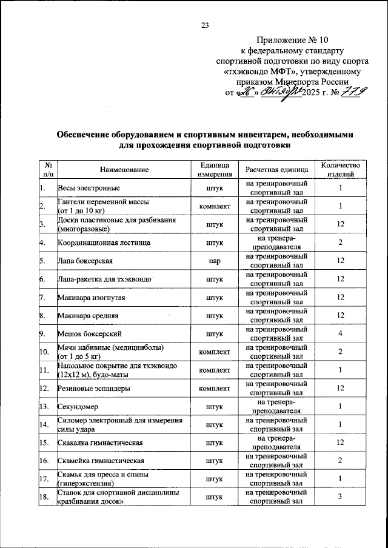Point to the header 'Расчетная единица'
(x=277, y=169)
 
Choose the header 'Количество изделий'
(x=341, y=169)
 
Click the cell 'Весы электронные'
(x=88, y=189)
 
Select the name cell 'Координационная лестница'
(x=104, y=243)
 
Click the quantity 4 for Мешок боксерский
(x=341, y=334)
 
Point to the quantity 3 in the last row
(x=341, y=498)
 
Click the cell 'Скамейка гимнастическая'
(x=101, y=461)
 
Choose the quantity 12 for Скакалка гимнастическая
(x=341, y=443)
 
